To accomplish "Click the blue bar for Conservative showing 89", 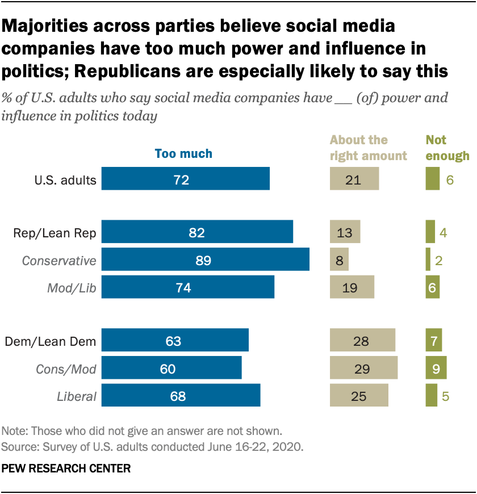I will [206, 260].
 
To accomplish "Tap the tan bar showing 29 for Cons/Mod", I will [363, 368].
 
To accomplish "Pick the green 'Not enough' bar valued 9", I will [436, 368].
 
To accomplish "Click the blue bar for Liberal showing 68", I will [181, 395].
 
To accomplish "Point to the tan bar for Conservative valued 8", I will [339, 260].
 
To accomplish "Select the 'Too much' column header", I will [183, 153].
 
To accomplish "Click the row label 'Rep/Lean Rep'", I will [57, 232].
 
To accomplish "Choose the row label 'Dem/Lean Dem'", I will [50, 341].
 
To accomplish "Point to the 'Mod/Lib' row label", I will [72, 288].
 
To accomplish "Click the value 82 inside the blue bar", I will [197, 232].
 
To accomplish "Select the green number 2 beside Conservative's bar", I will [438, 260].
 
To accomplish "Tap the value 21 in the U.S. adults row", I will [353, 181].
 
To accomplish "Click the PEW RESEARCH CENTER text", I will [66, 469].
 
